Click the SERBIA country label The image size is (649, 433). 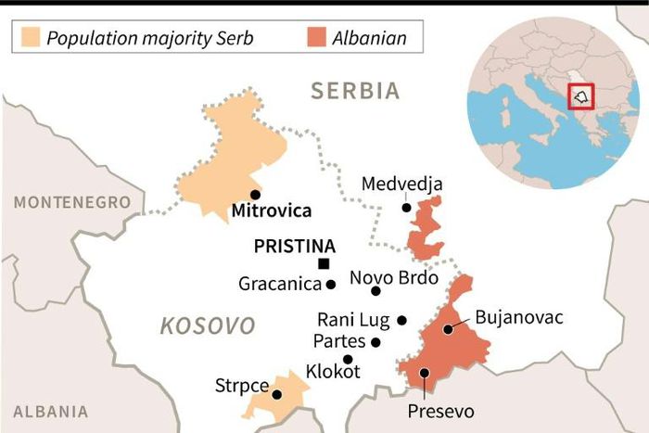pos(356,91)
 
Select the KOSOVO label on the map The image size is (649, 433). pos(208,325)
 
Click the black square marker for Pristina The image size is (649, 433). pos(324,264)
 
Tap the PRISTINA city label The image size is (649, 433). pos(294,247)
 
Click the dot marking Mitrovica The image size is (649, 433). pos(228,195)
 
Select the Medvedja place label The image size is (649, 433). pos(402,184)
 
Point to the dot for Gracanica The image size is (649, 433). pos(330,284)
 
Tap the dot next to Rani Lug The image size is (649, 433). pos(401,320)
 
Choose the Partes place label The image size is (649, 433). pos(339,341)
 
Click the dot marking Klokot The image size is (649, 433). pos(348,359)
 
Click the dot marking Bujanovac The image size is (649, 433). pos(448,328)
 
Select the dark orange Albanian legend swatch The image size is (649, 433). pos(316,39)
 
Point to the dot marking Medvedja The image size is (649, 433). pos(406,208)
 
